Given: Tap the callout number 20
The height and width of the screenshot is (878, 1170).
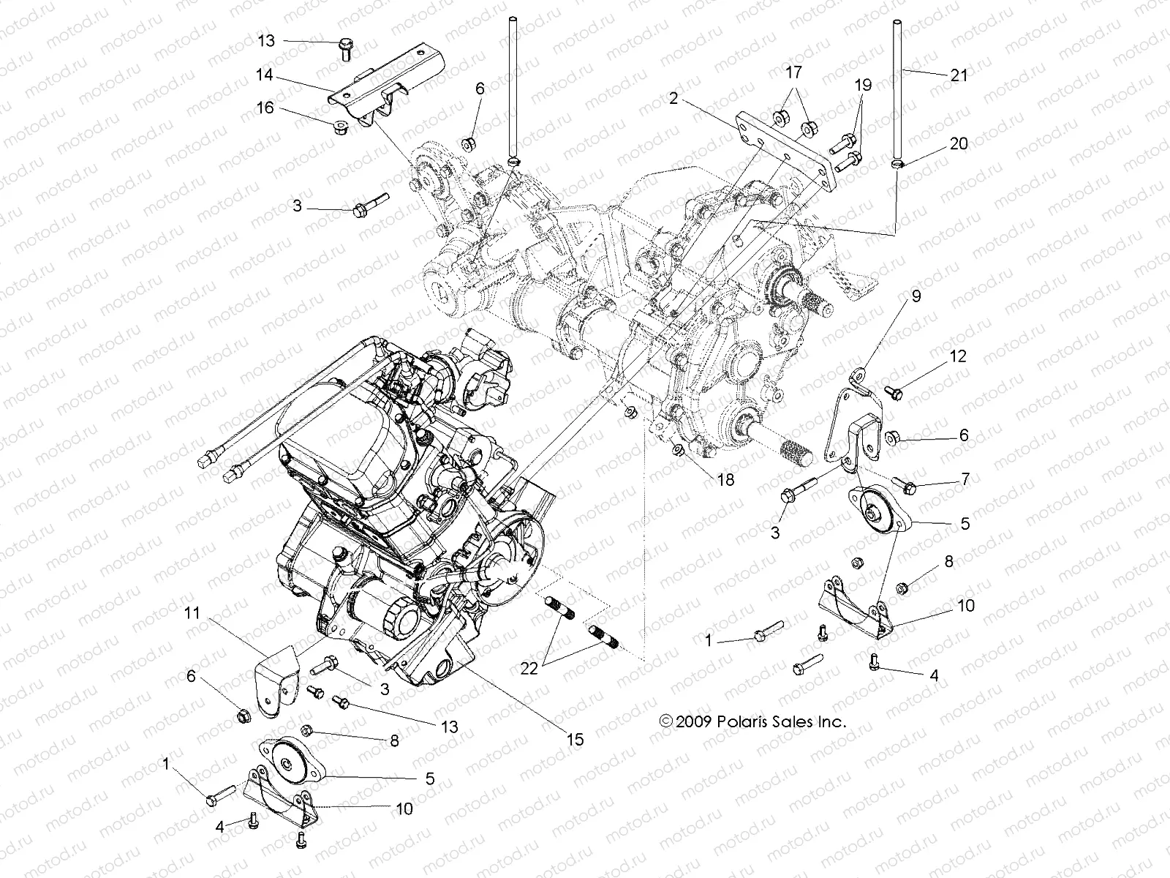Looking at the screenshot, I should pos(959,143).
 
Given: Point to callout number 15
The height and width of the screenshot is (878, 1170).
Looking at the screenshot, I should pos(575,740).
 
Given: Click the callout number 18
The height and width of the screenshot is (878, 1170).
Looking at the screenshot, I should pos(725,481).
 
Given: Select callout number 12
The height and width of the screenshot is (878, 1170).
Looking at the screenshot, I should pos(958,356).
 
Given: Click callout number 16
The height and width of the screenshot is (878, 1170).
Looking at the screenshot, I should pos(265,108).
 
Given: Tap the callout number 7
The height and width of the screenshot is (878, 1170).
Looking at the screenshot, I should pos(965,479).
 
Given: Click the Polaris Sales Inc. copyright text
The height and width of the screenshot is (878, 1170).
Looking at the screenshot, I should pos(752,721).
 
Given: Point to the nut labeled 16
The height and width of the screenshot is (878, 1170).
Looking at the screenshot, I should pos(339,129).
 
